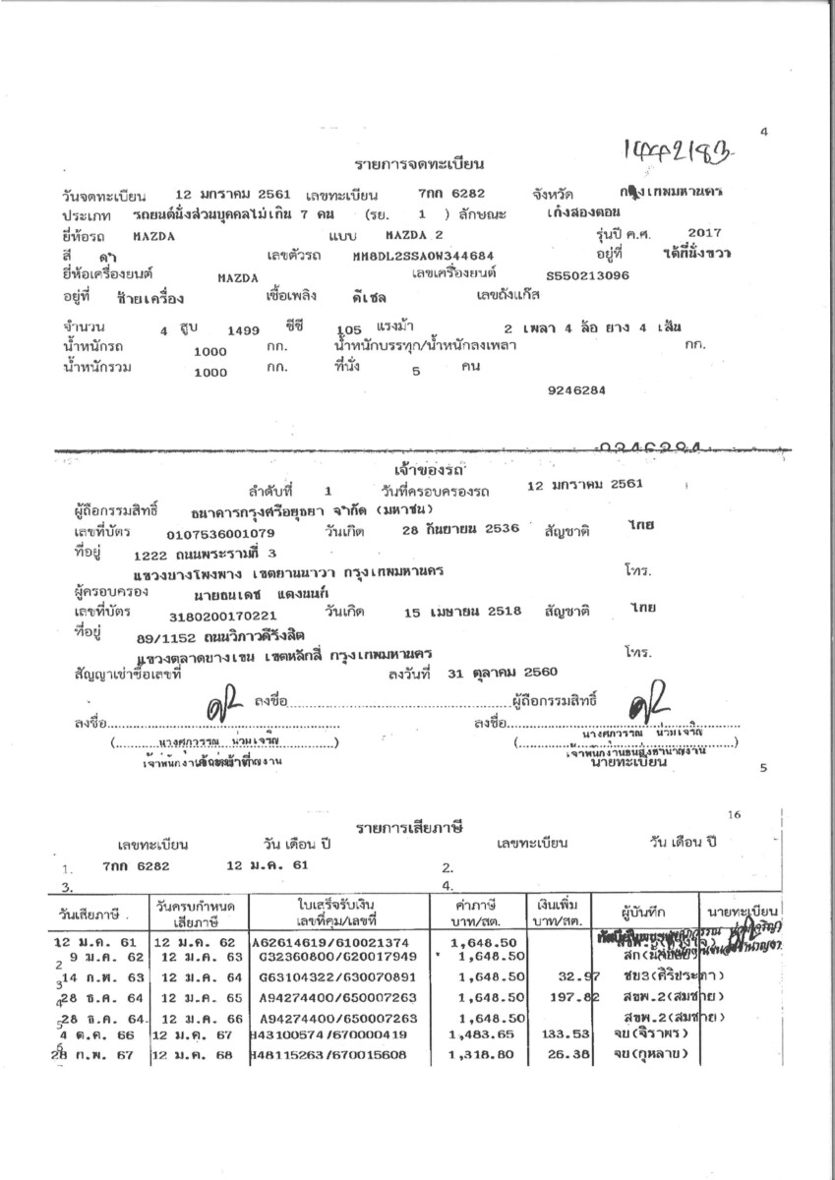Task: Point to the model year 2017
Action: (705, 232)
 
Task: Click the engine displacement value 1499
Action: (243, 330)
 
